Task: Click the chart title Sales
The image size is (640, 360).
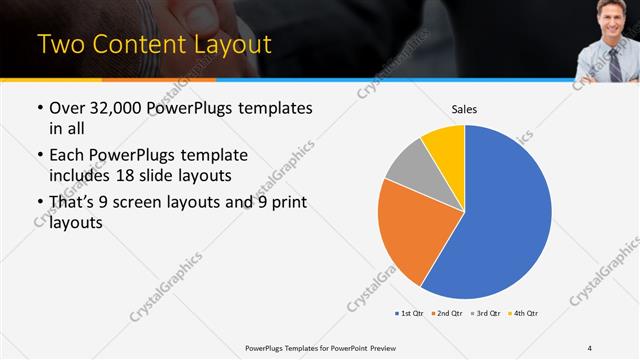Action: coord(464,107)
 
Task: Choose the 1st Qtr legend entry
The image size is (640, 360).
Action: coord(409,314)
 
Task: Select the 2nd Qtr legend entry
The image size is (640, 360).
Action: coord(446,314)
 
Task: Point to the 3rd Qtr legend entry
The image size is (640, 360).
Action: coord(485,314)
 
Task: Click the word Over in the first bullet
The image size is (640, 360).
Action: coord(69,106)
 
